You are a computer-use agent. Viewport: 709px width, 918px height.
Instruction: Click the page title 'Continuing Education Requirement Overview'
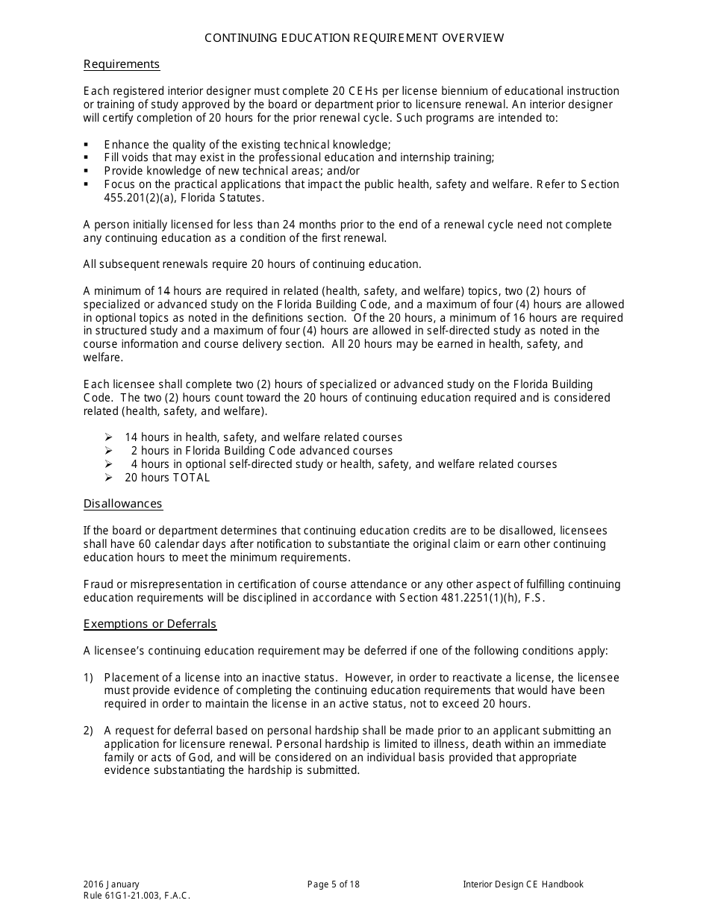(x=354, y=38)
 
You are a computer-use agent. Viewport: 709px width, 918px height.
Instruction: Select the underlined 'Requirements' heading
(x=121, y=64)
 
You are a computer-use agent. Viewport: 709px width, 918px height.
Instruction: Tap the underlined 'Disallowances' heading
(x=122, y=504)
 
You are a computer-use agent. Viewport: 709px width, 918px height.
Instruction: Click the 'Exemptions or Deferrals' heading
(x=149, y=624)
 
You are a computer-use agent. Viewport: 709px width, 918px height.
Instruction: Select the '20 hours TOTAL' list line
(x=167, y=478)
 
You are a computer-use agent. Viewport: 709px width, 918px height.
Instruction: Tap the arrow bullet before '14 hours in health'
(x=108, y=437)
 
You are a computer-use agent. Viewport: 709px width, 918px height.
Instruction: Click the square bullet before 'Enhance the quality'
(x=87, y=144)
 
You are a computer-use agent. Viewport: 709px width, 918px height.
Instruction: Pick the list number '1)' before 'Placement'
(x=88, y=678)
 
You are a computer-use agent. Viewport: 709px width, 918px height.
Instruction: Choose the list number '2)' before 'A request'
(x=88, y=731)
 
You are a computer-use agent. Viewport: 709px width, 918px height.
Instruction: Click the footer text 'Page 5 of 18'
(x=333, y=884)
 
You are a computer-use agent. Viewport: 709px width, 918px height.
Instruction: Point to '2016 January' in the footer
(x=111, y=884)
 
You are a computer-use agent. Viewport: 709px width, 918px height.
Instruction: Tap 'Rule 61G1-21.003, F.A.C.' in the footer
(x=137, y=896)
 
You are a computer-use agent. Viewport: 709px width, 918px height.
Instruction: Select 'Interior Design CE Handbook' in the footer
(x=522, y=884)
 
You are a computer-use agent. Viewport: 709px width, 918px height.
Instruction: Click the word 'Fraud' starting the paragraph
(x=98, y=584)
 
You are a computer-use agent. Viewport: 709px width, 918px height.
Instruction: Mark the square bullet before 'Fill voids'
(x=87, y=157)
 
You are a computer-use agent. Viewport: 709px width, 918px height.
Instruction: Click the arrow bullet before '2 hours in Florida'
(x=108, y=451)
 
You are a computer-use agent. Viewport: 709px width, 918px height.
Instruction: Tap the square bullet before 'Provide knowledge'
(x=87, y=171)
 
